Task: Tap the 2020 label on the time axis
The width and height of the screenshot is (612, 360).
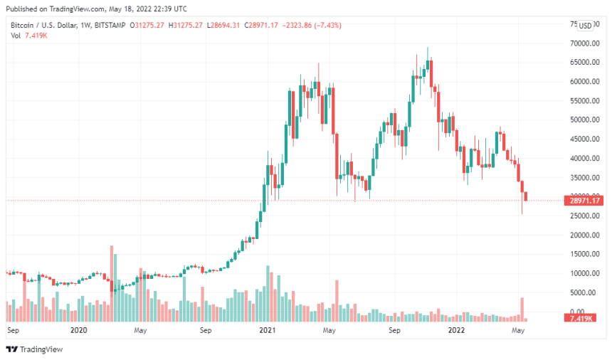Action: click(79, 331)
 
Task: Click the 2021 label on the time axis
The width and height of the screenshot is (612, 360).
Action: click(267, 331)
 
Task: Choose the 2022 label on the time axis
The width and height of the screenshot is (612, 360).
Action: click(455, 331)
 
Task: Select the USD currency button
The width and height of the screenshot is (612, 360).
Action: click(585, 26)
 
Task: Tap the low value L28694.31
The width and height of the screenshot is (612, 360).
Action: click(226, 26)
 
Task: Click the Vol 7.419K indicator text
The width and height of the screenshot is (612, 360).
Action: click(28, 36)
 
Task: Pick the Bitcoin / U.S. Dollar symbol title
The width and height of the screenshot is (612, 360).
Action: click(43, 26)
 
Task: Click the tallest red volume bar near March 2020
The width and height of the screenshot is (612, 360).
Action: click(112, 277)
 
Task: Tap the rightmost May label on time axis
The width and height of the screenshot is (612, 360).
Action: click(519, 331)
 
